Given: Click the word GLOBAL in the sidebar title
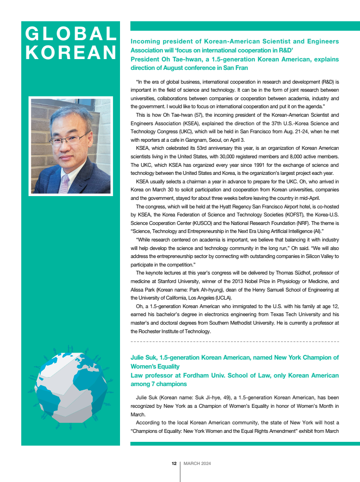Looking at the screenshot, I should coord(71,34).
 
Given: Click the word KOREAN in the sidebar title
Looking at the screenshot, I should coord(71,52).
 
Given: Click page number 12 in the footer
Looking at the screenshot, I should coord(174,464).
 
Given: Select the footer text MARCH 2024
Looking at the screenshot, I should coord(197,464).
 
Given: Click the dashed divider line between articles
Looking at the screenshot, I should coord(235,341).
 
